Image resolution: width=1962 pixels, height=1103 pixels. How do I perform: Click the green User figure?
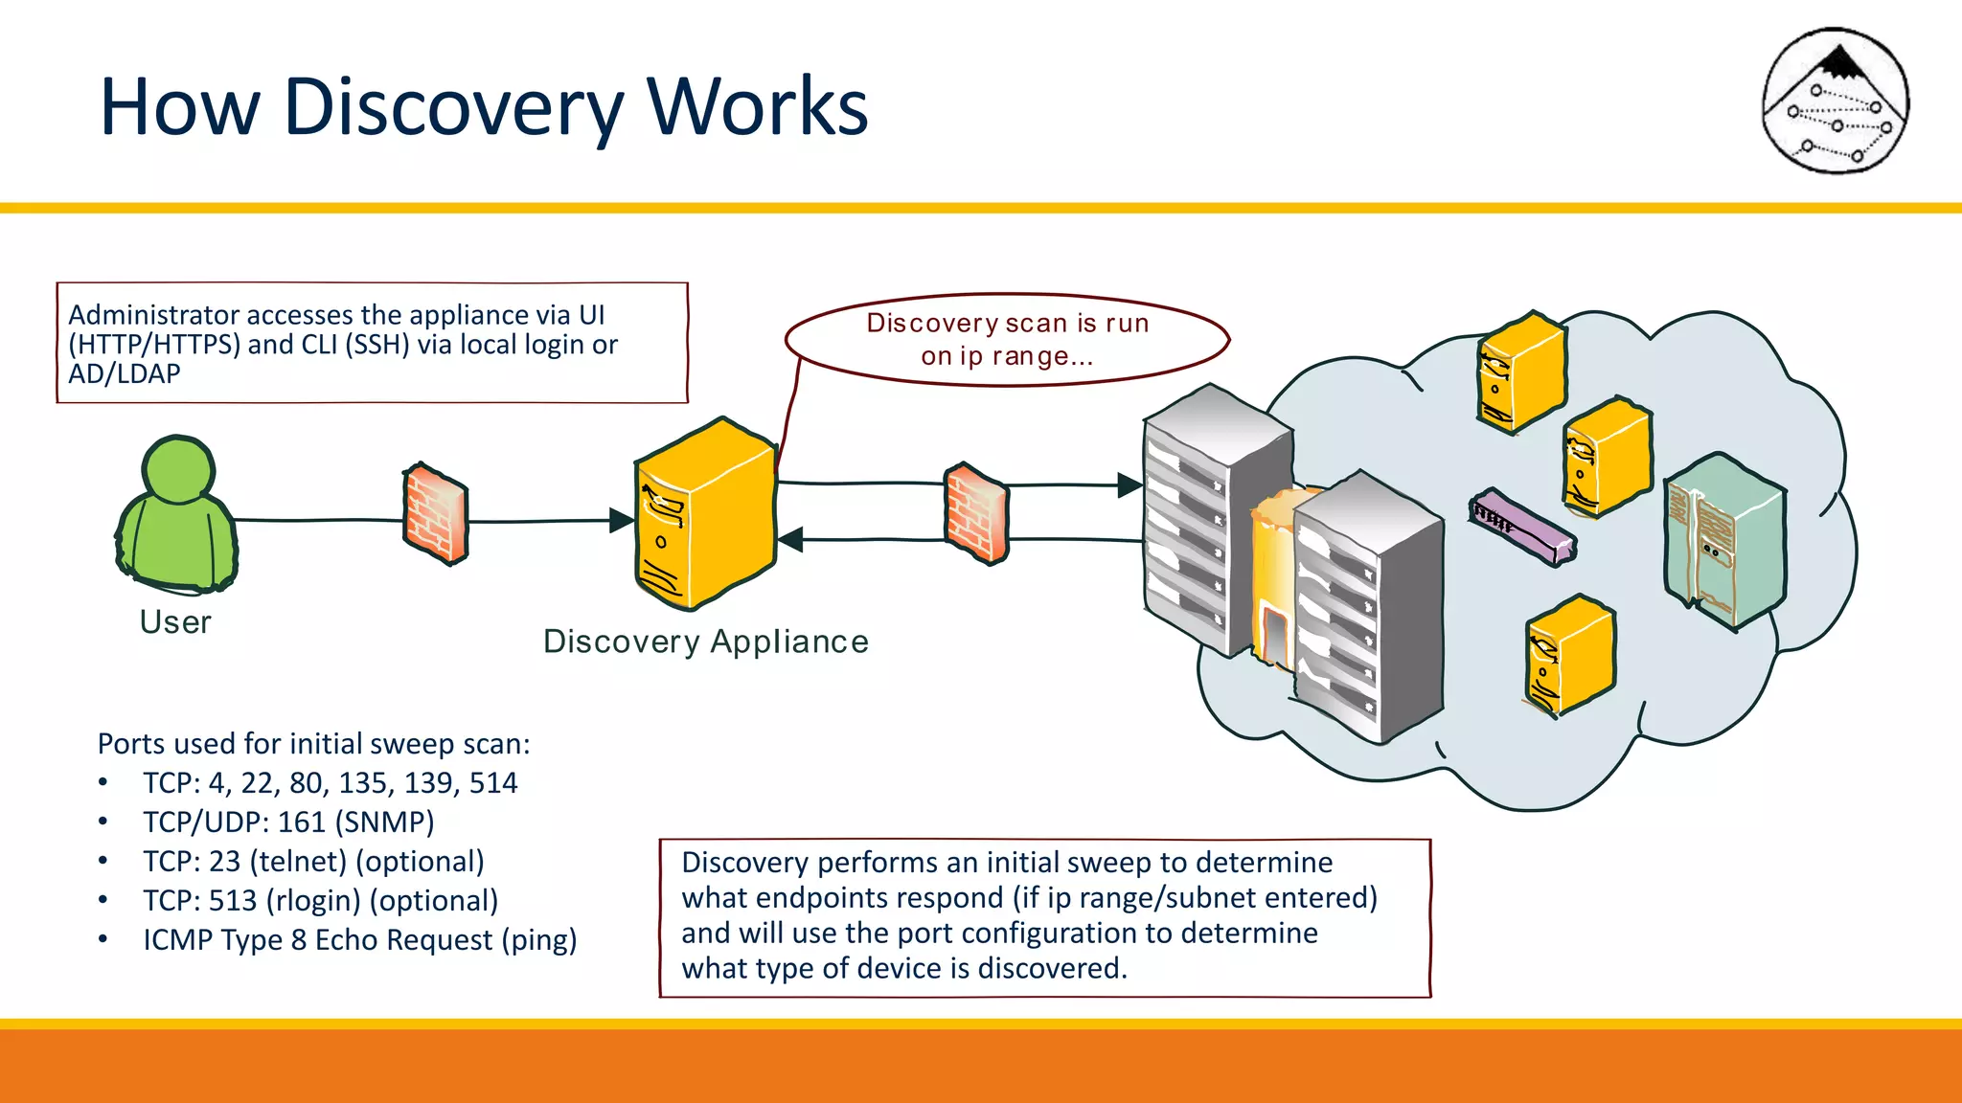(176, 517)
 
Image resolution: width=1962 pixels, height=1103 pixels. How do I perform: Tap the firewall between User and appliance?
(436, 514)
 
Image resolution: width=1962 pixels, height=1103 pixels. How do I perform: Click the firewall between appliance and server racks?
(976, 514)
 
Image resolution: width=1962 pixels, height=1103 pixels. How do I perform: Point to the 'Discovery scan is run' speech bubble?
(1006, 340)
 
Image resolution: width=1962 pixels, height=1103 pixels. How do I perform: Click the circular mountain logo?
(1836, 101)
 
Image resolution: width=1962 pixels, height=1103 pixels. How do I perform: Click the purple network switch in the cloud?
(1521, 527)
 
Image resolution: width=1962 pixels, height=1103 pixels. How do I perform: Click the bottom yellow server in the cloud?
(1569, 656)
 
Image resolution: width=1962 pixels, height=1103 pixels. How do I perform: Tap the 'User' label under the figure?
(175, 622)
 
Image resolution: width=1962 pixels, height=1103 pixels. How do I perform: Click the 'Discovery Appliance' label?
(706, 642)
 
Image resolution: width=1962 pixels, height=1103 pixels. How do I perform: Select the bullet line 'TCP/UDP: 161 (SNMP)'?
(288, 822)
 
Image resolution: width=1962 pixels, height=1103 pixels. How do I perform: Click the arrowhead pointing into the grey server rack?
(1130, 485)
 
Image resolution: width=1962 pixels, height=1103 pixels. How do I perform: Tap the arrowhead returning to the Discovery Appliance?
(790, 540)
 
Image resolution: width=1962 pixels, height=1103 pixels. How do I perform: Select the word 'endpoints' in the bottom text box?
(842, 898)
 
